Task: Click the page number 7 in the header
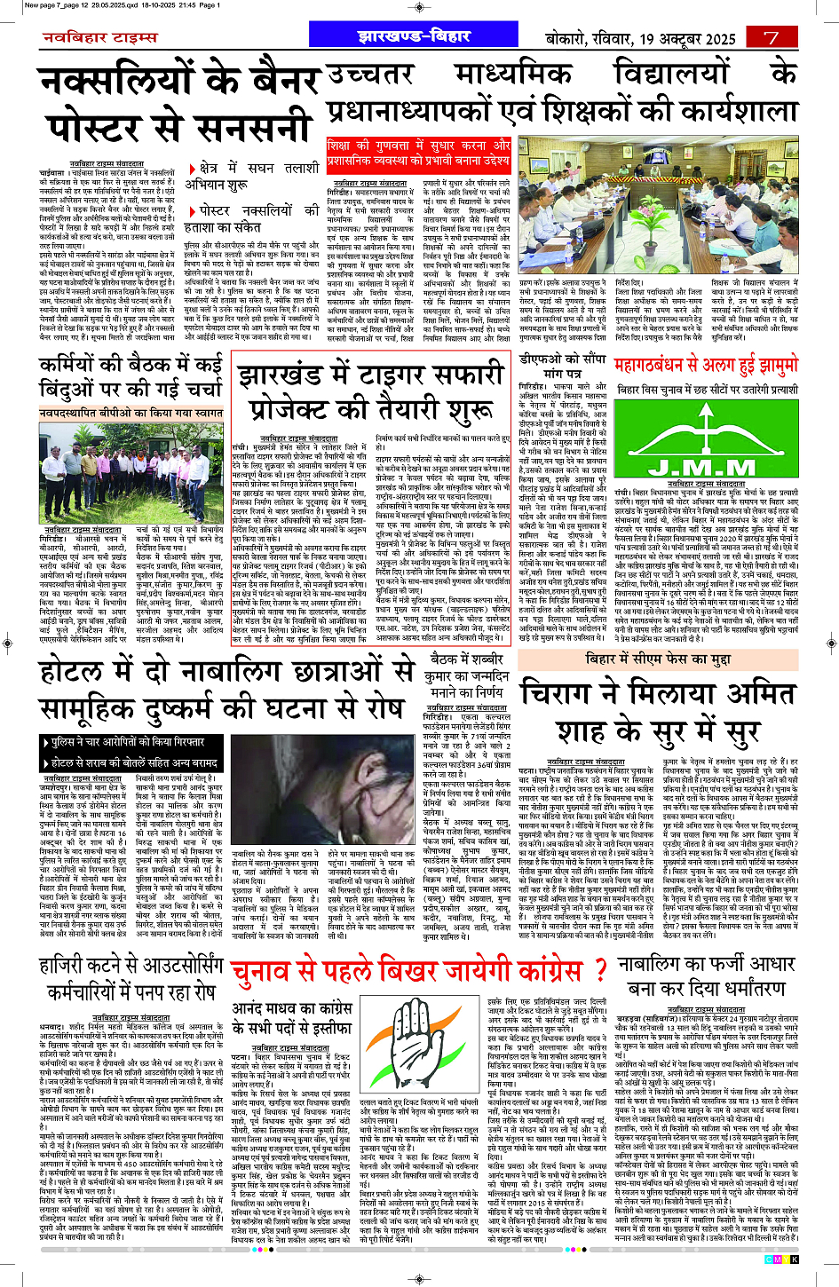771,37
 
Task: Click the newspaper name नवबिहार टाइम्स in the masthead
99,37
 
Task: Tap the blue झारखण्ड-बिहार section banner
413,36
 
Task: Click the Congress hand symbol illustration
422,1044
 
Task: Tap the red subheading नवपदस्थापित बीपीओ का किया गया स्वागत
131,413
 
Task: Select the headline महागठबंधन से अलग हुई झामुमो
706,365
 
